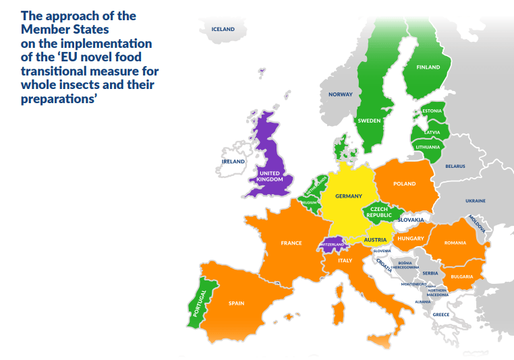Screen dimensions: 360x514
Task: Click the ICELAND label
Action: [223, 29]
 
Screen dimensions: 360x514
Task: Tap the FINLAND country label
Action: [428, 67]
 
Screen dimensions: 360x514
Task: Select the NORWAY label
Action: [341, 94]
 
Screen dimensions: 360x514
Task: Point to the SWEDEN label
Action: [369, 120]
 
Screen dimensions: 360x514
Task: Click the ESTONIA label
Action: [432, 111]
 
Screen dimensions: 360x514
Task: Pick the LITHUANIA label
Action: [428, 146]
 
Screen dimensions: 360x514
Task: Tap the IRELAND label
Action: [233, 162]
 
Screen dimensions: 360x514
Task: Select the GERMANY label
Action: [349, 196]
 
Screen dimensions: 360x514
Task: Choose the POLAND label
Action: [405, 183]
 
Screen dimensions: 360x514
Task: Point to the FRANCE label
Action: [291, 243]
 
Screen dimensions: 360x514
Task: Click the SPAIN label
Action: [236, 303]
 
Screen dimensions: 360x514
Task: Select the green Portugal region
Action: [200, 303]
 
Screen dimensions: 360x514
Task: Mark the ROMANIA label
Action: [455, 243]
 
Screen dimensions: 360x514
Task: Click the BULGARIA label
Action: [462, 276]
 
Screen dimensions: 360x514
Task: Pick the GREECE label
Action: [440, 315]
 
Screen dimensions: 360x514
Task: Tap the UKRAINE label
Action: [475, 201]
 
